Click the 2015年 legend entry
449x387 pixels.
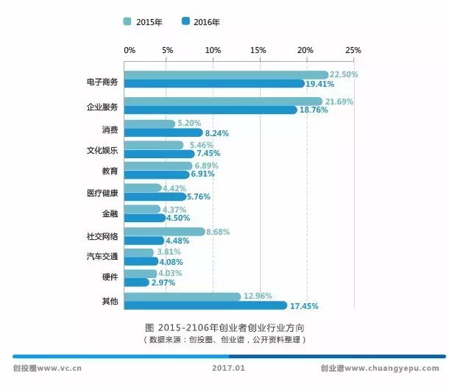(x=143, y=22)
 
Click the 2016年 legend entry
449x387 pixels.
(x=200, y=22)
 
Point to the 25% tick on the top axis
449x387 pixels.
(x=353, y=50)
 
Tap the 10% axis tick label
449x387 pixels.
(x=213, y=50)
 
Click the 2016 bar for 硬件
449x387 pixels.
(x=136, y=282)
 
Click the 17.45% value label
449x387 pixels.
(x=304, y=305)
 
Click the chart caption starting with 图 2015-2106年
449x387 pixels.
(x=224, y=327)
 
